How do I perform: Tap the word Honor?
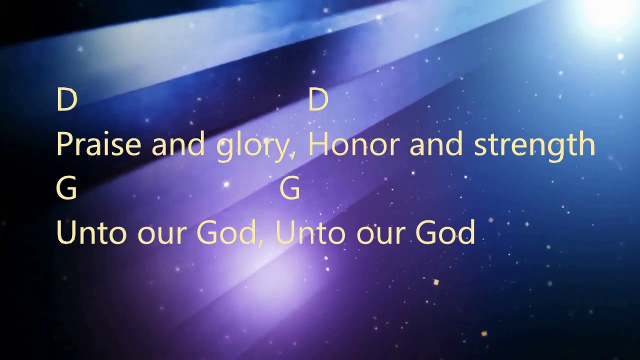(354, 144)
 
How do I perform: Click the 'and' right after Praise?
(178, 144)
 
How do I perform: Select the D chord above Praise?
(67, 99)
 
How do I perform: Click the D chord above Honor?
(318, 99)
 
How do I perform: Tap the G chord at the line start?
(67, 189)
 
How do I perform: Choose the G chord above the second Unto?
(290, 189)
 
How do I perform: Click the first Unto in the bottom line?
(91, 232)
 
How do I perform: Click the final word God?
(445, 232)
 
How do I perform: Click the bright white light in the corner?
(607, 11)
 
